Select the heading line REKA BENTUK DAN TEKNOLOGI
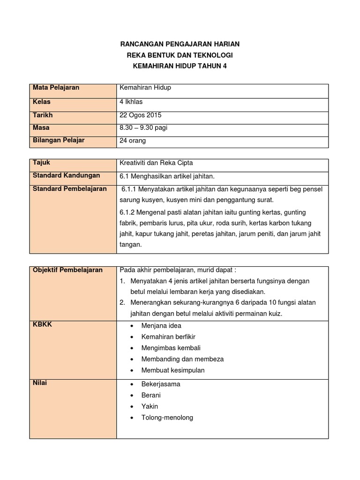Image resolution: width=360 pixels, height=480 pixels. click(180, 55)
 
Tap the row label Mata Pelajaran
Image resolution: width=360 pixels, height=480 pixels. click(56, 88)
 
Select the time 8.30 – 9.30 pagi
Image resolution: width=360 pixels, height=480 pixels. click(143, 127)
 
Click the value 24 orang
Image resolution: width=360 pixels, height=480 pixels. click(133, 140)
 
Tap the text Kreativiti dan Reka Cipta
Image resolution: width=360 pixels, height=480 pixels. click(156, 163)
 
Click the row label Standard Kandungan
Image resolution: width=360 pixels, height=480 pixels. click(66, 175)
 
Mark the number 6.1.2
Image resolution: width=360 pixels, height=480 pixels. click(128, 211)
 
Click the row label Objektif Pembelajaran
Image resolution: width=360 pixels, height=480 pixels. click(67, 270)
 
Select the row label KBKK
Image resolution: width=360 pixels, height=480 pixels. click(42, 324)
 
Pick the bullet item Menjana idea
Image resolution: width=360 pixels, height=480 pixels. click(161, 325)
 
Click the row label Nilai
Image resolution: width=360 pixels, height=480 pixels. click(40, 383)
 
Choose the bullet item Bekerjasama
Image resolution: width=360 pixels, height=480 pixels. click(161, 384)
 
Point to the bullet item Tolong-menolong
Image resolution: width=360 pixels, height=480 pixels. click(167, 418)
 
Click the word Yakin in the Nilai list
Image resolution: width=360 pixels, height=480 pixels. click(150, 406)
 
